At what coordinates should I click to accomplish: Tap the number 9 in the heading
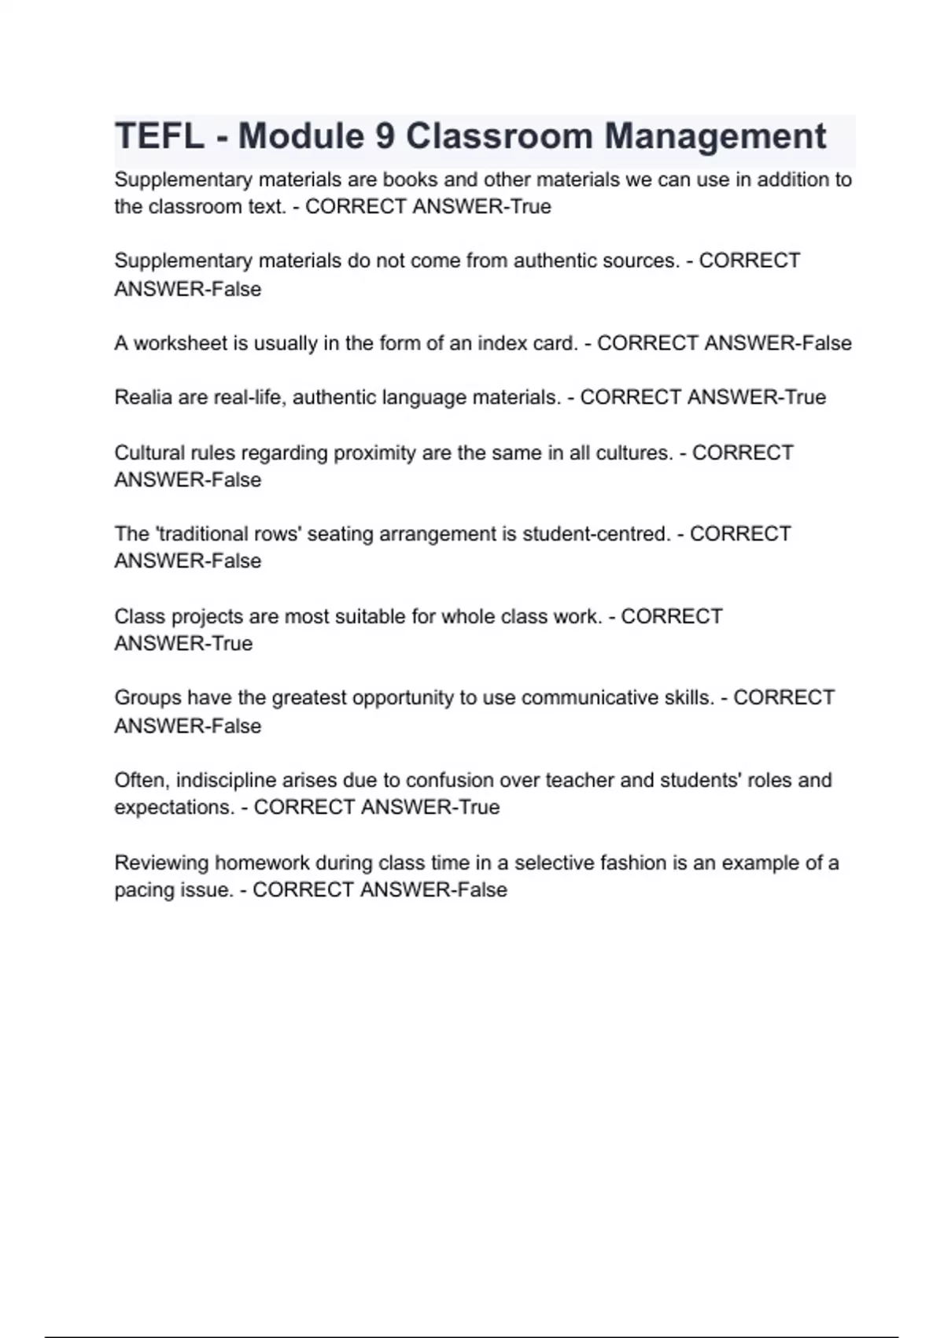[385, 136]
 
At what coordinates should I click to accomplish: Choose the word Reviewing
[161, 863]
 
